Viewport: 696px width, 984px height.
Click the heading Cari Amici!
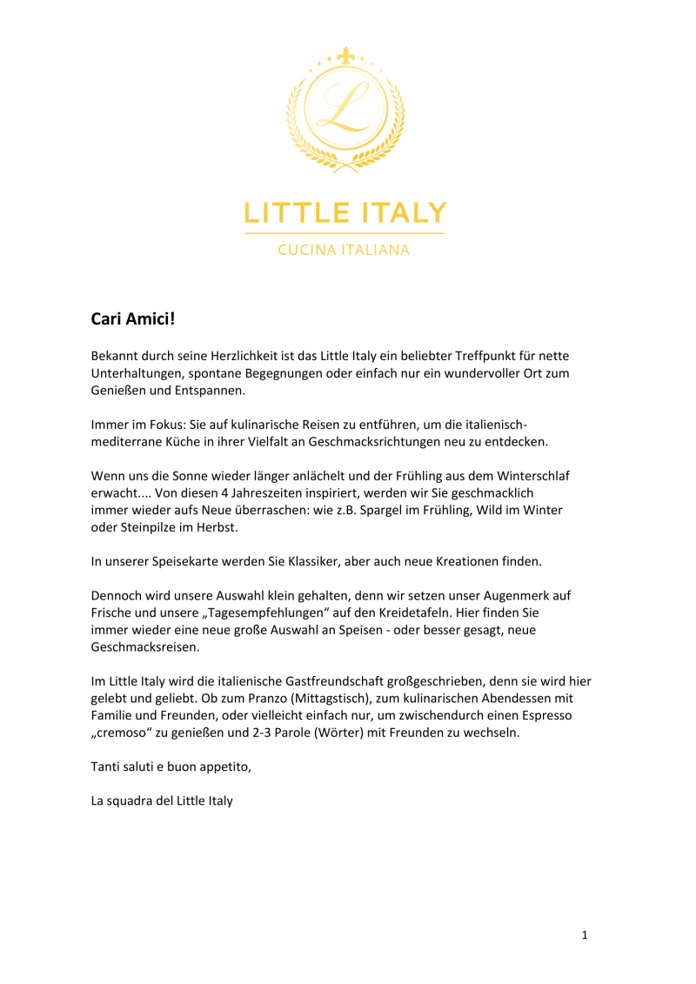(x=133, y=319)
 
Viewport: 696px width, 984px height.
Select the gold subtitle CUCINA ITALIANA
(x=344, y=251)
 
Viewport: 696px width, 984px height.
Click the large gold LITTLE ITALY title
(x=345, y=212)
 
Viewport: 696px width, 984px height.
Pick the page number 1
(x=586, y=935)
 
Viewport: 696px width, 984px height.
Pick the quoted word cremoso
(x=126, y=733)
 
